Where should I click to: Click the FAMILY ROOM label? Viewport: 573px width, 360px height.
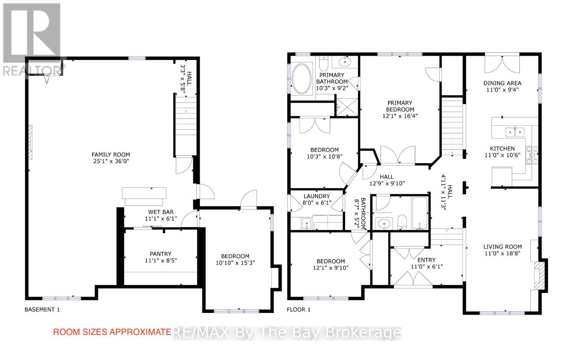click(111, 154)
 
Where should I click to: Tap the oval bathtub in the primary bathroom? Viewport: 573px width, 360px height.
click(301, 78)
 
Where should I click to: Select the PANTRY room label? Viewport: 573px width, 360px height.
click(161, 254)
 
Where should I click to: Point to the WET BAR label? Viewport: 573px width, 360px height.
click(161, 212)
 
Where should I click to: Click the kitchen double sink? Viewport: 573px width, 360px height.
click(515, 132)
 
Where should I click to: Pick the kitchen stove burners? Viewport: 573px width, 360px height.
click(532, 155)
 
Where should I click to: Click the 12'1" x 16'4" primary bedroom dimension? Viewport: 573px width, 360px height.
click(400, 116)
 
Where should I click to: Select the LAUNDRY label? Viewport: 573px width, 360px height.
click(317, 196)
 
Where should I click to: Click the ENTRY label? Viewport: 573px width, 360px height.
click(426, 260)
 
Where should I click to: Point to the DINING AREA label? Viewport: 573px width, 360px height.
click(502, 83)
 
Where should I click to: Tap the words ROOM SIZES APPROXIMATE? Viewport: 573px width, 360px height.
click(112, 332)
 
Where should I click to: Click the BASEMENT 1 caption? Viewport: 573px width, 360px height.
click(42, 310)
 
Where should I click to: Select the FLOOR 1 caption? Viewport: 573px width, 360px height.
click(298, 310)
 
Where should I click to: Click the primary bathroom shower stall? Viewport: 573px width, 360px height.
click(347, 107)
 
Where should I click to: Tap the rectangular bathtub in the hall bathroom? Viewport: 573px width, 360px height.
click(420, 213)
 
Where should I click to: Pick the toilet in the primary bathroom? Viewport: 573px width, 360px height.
click(324, 64)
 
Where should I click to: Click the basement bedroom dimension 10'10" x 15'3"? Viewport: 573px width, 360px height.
click(235, 263)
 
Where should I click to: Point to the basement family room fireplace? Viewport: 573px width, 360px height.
click(30, 142)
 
